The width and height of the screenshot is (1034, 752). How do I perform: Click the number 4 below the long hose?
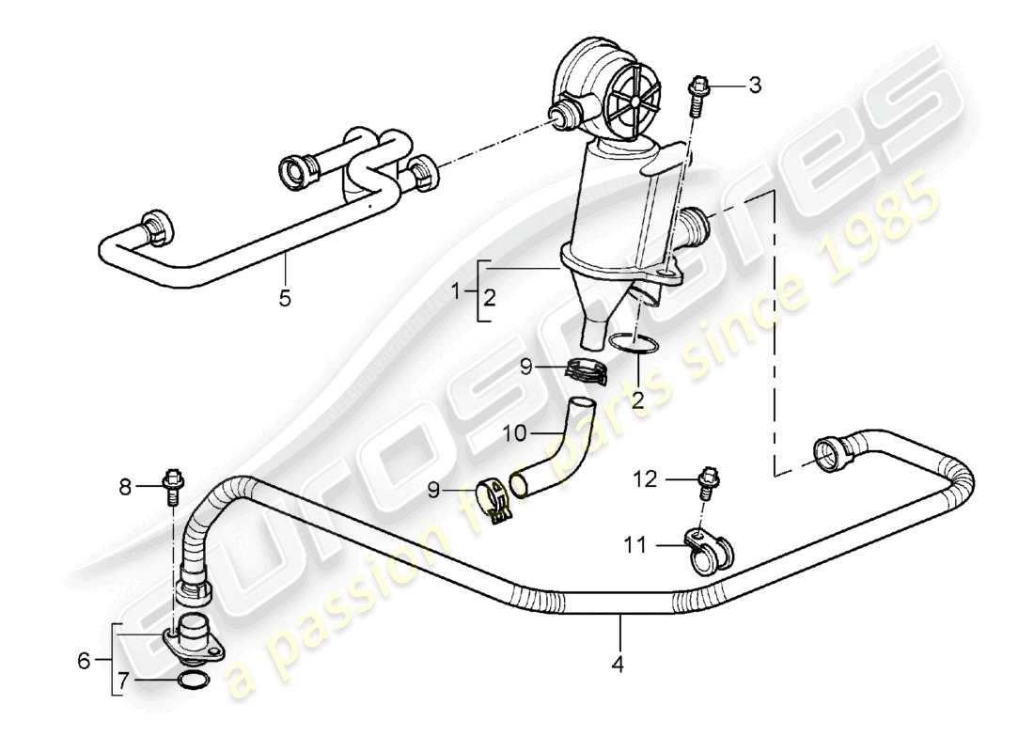(617, 664)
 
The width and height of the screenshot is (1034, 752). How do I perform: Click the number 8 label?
(126, 486)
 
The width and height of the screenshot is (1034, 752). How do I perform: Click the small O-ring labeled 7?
(192, 681)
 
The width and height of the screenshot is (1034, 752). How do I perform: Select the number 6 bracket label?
(85, 661)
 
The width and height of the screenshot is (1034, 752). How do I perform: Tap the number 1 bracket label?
(458, 293)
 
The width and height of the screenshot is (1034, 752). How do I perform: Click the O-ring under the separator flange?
(631, 346)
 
